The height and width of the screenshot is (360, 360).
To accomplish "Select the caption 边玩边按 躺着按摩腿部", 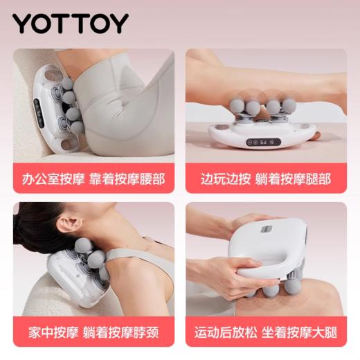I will coord(267,179).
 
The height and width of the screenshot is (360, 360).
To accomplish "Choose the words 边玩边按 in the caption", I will coord(222,179).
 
